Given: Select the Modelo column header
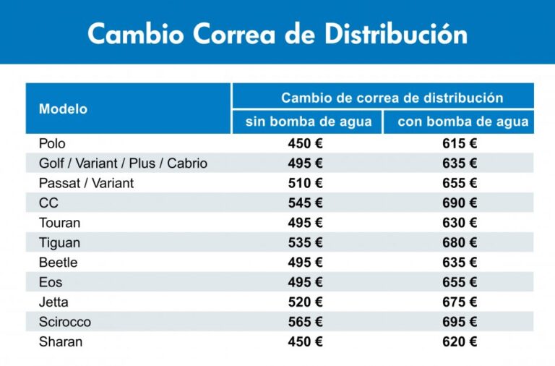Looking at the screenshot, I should click(x=63, y=109).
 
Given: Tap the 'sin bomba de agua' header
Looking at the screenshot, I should click(x=309, y=122).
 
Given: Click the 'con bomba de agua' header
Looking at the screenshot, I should click(x=462, y=122).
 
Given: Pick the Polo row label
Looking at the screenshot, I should click(x=52, y=144).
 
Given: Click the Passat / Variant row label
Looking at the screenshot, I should click(x=86, y=184).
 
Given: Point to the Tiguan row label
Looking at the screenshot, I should click(x=59, y=243).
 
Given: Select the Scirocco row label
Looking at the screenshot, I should click(x=65, y=322).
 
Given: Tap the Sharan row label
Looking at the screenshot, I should click(x=61, y=342).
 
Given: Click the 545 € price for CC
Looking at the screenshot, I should click(x=305, y=203).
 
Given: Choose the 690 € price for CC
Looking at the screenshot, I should click(x=460, y=203).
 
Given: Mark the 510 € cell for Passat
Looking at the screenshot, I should click(x=305, y=184).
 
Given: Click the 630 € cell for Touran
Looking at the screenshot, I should click(x=460, y=223).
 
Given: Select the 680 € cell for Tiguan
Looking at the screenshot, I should click(x=460, y=243).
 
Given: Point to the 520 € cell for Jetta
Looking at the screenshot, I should click(x=305, y=302).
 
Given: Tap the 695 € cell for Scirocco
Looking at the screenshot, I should click(x=460, y=322).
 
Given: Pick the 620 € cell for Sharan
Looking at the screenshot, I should click(x=460, y=342).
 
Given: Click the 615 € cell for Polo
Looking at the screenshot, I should click(x=460, y=144).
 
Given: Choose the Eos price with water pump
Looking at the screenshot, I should click(x=460, y=282).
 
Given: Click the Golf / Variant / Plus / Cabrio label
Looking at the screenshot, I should click(x=123, y=163).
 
